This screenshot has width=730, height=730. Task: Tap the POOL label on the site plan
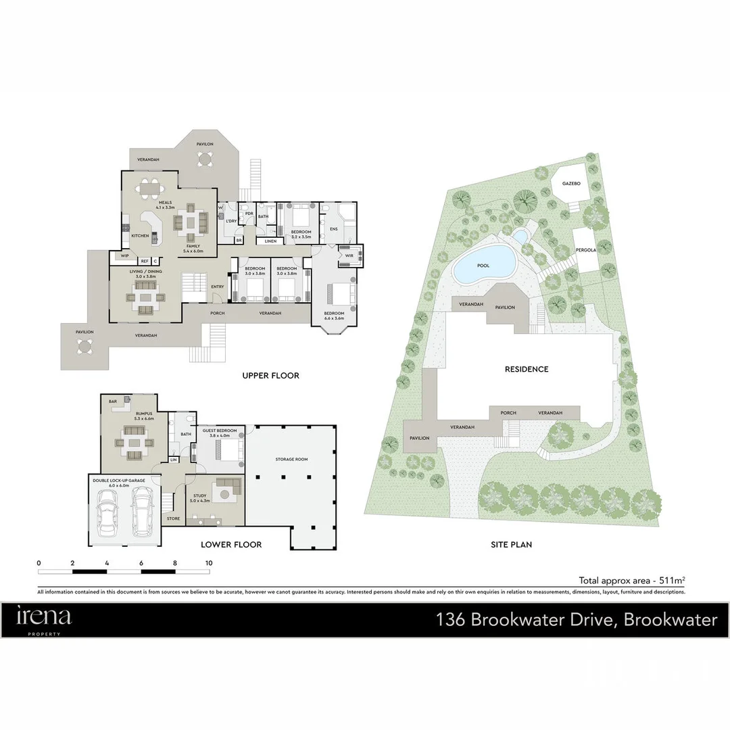point(483,266)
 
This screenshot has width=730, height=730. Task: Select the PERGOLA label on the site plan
point(586,250)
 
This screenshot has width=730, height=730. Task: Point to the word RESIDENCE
point(527,369)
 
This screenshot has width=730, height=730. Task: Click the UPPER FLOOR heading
point(270,376)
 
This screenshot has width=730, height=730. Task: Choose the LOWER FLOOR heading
point(231,544)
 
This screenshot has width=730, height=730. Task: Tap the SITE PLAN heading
point(512,544)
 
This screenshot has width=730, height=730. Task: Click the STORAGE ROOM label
point(291,460)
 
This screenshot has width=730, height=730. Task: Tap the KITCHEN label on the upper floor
point(140,236)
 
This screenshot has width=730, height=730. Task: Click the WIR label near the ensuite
point(349,255)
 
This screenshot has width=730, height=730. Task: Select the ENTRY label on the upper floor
point(217,287)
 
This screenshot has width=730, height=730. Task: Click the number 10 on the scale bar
point(209,563)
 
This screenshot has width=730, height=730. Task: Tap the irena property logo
point(44,618)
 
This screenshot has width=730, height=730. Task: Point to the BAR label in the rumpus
point(113,401)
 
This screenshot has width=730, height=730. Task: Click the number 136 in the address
point(450,619)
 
